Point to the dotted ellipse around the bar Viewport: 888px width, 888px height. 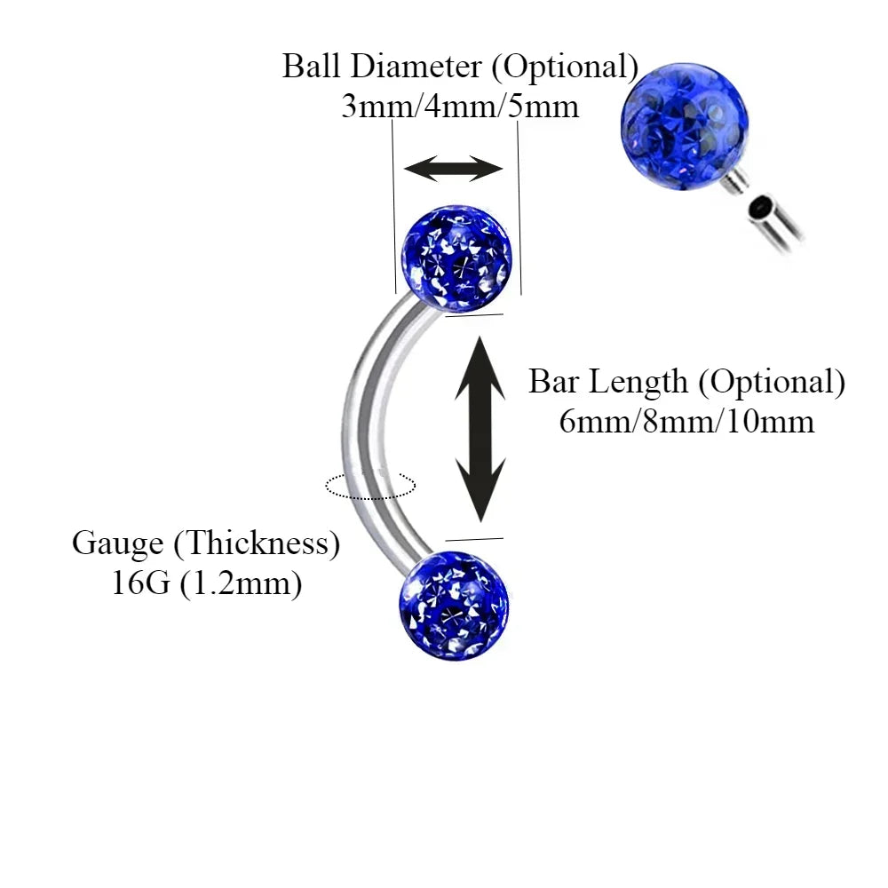click(370, 485)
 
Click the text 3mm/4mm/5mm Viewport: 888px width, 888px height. click(460, 107)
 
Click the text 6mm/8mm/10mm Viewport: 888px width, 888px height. click(686, 421)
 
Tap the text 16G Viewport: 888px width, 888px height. click(142, 584)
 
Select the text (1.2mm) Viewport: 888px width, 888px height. click(241, 584)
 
